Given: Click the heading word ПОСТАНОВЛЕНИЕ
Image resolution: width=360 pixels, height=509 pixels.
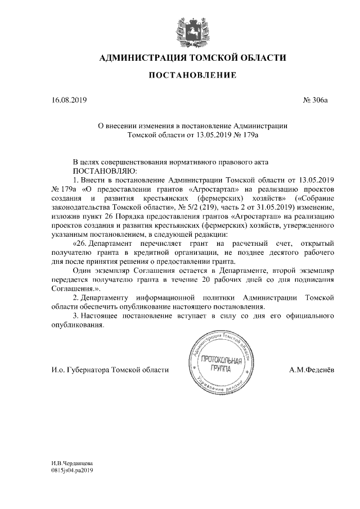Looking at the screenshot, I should pos(192,75).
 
